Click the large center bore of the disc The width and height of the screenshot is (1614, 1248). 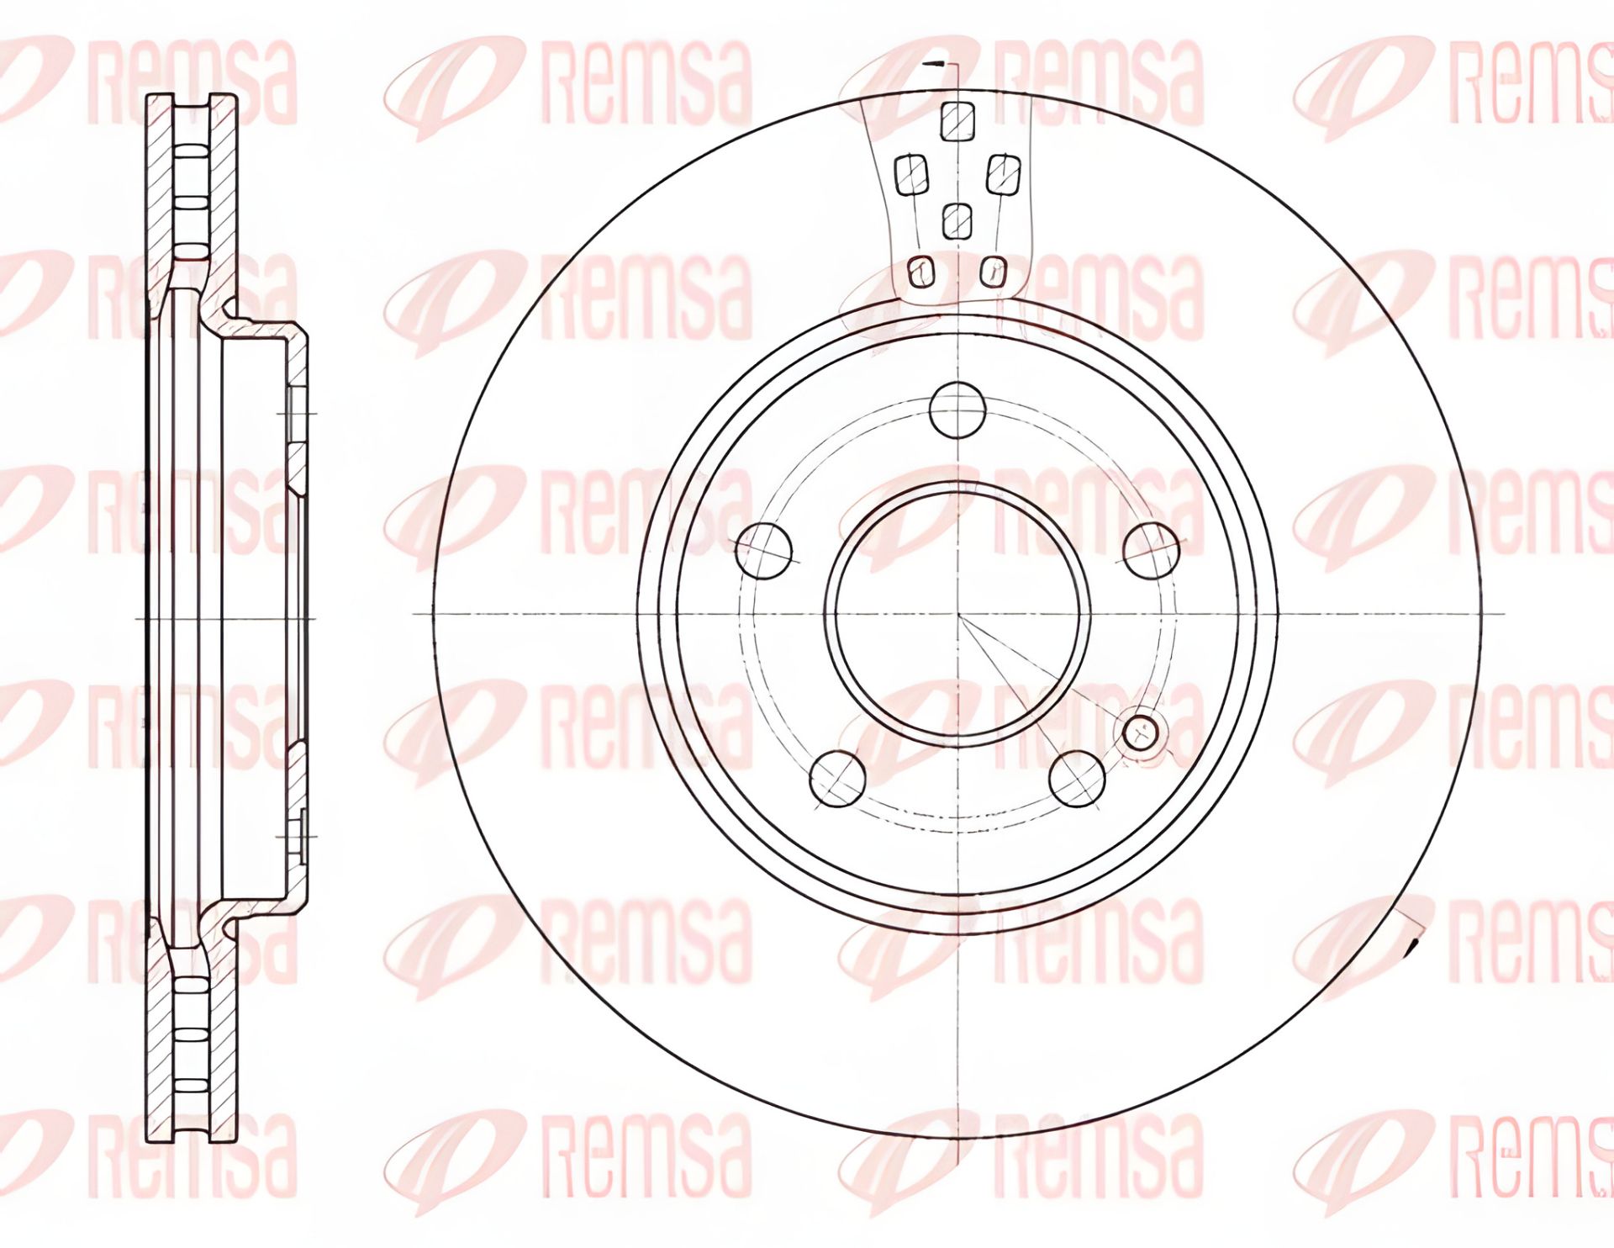click(x=957, y=615)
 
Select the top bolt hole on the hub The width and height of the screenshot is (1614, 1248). click(x=957, y=410)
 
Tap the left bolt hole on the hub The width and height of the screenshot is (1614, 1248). click(x=764, y=551)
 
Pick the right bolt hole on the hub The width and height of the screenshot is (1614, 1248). click(x=1152, y=550)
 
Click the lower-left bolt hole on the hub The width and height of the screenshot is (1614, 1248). click(x=838, y=779)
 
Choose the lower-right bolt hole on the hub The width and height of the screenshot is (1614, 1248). click(x=1078, y=779)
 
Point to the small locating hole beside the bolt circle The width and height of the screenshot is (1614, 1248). click(x=1141, y=732)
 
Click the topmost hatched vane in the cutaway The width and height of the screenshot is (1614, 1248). click(x=957, y=122)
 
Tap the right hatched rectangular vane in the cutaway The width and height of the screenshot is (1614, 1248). click(x=1003, y=175)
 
